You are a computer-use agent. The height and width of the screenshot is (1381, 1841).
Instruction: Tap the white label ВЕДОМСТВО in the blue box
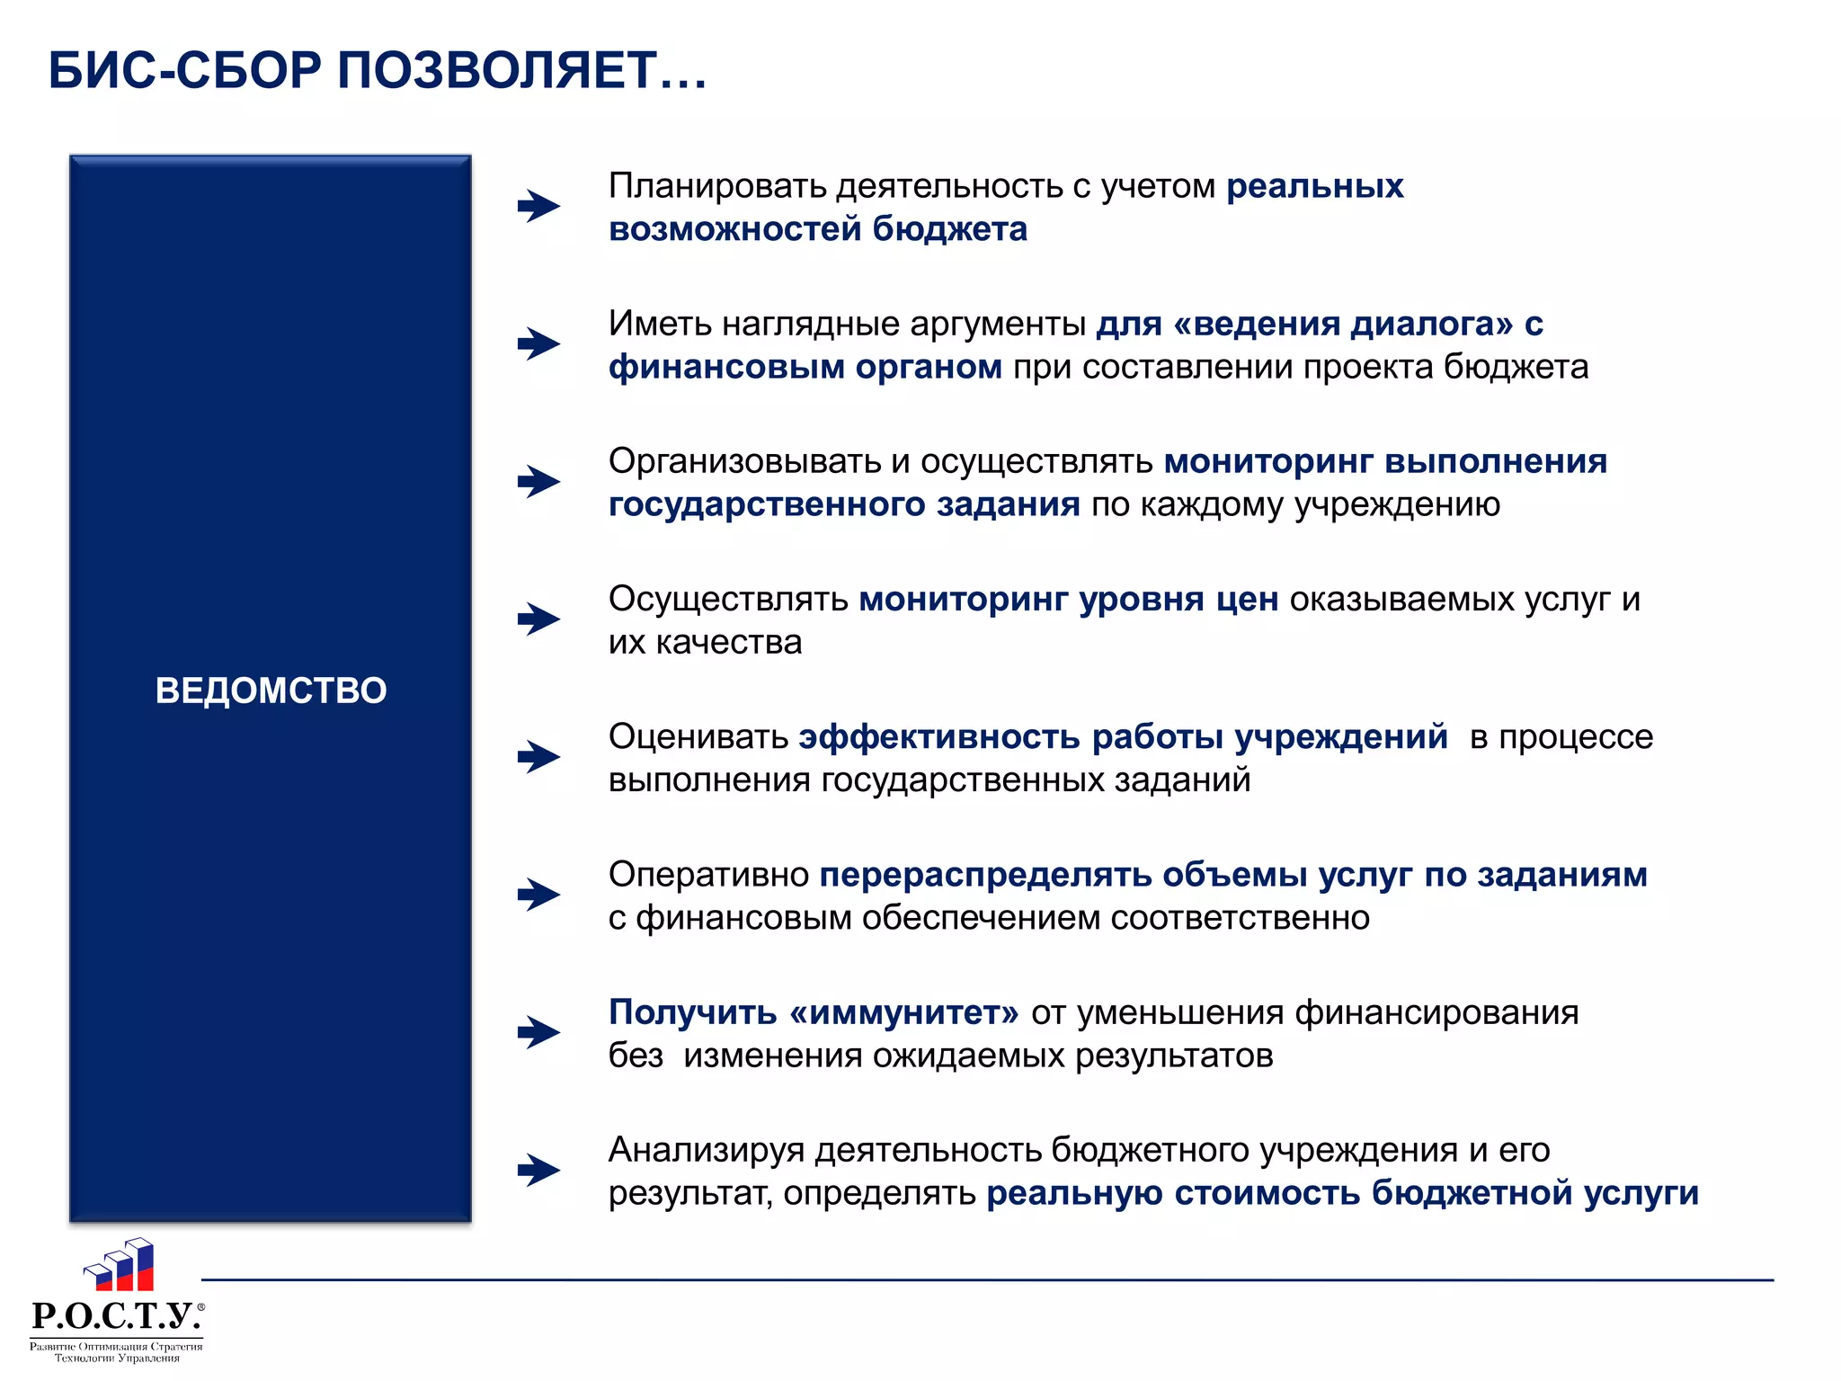pos(271,690)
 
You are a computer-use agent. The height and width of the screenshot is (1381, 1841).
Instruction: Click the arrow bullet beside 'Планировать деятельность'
pos(538,206)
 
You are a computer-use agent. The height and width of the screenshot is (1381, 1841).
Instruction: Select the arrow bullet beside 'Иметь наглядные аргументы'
pos(538,343)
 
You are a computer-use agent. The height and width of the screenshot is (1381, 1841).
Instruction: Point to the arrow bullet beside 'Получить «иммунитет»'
pos(538,1032)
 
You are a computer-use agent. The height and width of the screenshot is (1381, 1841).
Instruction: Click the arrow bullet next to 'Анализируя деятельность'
pos(538,1170)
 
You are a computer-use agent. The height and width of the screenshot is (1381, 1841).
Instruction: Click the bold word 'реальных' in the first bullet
pos(1314,186)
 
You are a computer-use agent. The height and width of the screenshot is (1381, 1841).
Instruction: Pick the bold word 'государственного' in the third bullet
pos(767,504)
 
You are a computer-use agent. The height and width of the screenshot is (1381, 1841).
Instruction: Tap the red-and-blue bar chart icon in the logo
pos(120,1265)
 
